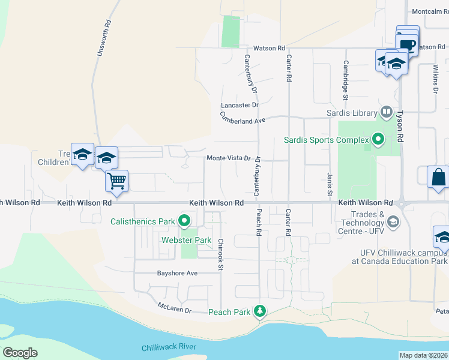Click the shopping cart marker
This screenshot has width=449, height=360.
117,180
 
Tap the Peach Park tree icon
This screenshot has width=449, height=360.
260,311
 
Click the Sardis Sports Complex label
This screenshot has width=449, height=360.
326,140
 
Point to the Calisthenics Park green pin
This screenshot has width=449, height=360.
184,221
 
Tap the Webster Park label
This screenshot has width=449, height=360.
187,240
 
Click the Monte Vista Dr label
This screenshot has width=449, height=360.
228,158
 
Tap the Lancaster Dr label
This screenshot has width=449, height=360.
240,104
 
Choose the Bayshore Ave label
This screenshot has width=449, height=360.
177,273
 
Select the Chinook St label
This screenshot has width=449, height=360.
221,254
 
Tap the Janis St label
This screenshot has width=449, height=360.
330,184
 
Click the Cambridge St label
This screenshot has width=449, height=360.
346,79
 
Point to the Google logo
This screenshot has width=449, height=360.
20,353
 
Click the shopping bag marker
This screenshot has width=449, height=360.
438,178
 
